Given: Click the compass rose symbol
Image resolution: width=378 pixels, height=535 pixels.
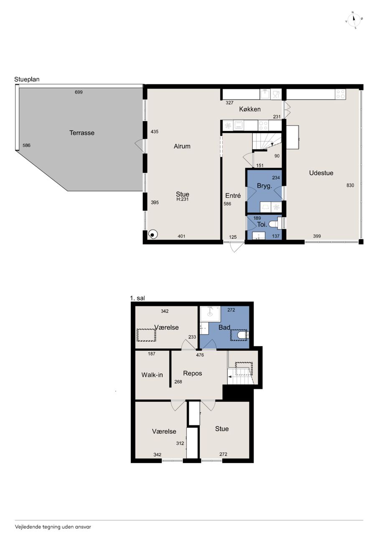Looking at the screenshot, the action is (x=354, y=20).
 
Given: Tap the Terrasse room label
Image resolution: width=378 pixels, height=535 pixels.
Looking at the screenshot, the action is (x=82, y=133).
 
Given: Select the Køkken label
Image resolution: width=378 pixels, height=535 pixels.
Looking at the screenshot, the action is (x=250, y=109).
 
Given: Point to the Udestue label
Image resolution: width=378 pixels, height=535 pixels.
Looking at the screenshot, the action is (x=321, y=173).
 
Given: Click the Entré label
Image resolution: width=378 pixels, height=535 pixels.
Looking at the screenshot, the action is (x=233, y=196).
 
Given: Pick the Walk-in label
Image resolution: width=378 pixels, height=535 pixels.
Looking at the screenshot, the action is (x=152, y=375).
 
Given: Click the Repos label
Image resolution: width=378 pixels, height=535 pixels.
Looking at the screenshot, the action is (x=193, y=373).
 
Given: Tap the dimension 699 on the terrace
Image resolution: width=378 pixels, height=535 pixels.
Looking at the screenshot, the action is (x=79, y=92).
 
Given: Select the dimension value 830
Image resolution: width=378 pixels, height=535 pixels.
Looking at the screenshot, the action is (x=350, y=185).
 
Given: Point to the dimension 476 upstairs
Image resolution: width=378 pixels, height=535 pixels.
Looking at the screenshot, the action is (x=200, y=355).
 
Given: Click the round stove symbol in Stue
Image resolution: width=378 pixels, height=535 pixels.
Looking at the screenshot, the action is (x=152, y=234).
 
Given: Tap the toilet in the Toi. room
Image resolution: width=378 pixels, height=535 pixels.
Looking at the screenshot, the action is (x=275, y=224).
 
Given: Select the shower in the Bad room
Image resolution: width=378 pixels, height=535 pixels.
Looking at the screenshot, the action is (x=210, y=314).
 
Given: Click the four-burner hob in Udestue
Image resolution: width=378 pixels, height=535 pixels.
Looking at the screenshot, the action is (x=340, y=94).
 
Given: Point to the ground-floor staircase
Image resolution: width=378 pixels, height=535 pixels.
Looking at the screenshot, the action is (x=267, y=142).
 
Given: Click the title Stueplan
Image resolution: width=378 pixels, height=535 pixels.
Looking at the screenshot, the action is (x=27, y=79).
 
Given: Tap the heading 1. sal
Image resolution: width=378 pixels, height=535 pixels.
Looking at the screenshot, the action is (x=137, y=298).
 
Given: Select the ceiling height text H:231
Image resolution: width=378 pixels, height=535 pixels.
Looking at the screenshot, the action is (x=183, y=199).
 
